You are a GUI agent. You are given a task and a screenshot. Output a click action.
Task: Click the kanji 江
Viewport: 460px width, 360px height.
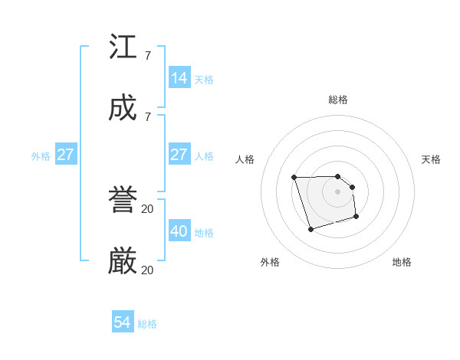123,47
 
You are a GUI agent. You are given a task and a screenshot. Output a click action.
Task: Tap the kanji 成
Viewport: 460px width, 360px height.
123,109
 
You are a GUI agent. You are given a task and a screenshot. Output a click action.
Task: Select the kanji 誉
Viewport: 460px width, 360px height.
123,201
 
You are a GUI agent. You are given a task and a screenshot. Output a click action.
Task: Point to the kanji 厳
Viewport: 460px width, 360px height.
123,262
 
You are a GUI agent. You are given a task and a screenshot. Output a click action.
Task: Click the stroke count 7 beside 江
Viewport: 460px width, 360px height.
147,55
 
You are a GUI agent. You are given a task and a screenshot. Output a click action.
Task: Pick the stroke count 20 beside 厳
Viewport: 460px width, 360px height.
147,270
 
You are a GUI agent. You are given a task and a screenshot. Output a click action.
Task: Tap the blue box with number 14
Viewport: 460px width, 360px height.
179,78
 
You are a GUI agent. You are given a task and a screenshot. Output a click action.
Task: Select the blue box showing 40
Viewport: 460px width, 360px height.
179,231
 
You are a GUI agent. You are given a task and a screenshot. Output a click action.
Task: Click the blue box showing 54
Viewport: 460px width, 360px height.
123,322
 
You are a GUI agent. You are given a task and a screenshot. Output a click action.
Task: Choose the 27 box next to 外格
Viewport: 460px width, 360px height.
66,155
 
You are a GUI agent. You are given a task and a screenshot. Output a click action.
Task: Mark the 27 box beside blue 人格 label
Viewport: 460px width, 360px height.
179,155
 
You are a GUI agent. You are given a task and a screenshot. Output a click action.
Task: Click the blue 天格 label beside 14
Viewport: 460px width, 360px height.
204,80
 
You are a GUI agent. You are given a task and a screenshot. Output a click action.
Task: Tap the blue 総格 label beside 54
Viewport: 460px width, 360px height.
147,324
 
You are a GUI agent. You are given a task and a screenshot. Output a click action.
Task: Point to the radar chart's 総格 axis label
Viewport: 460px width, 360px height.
338,100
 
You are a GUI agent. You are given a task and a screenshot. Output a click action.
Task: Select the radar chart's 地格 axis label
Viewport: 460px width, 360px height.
402,262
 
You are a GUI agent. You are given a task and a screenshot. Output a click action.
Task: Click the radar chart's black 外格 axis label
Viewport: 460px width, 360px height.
270,262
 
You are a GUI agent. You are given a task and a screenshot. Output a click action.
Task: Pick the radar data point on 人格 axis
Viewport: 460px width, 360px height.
294,178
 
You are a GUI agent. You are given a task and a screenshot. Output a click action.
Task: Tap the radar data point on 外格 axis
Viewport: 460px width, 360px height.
310,229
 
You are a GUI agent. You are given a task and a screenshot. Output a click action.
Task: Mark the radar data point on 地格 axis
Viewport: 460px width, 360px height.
356,218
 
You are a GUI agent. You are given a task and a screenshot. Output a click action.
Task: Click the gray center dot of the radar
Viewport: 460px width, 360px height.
338,191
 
